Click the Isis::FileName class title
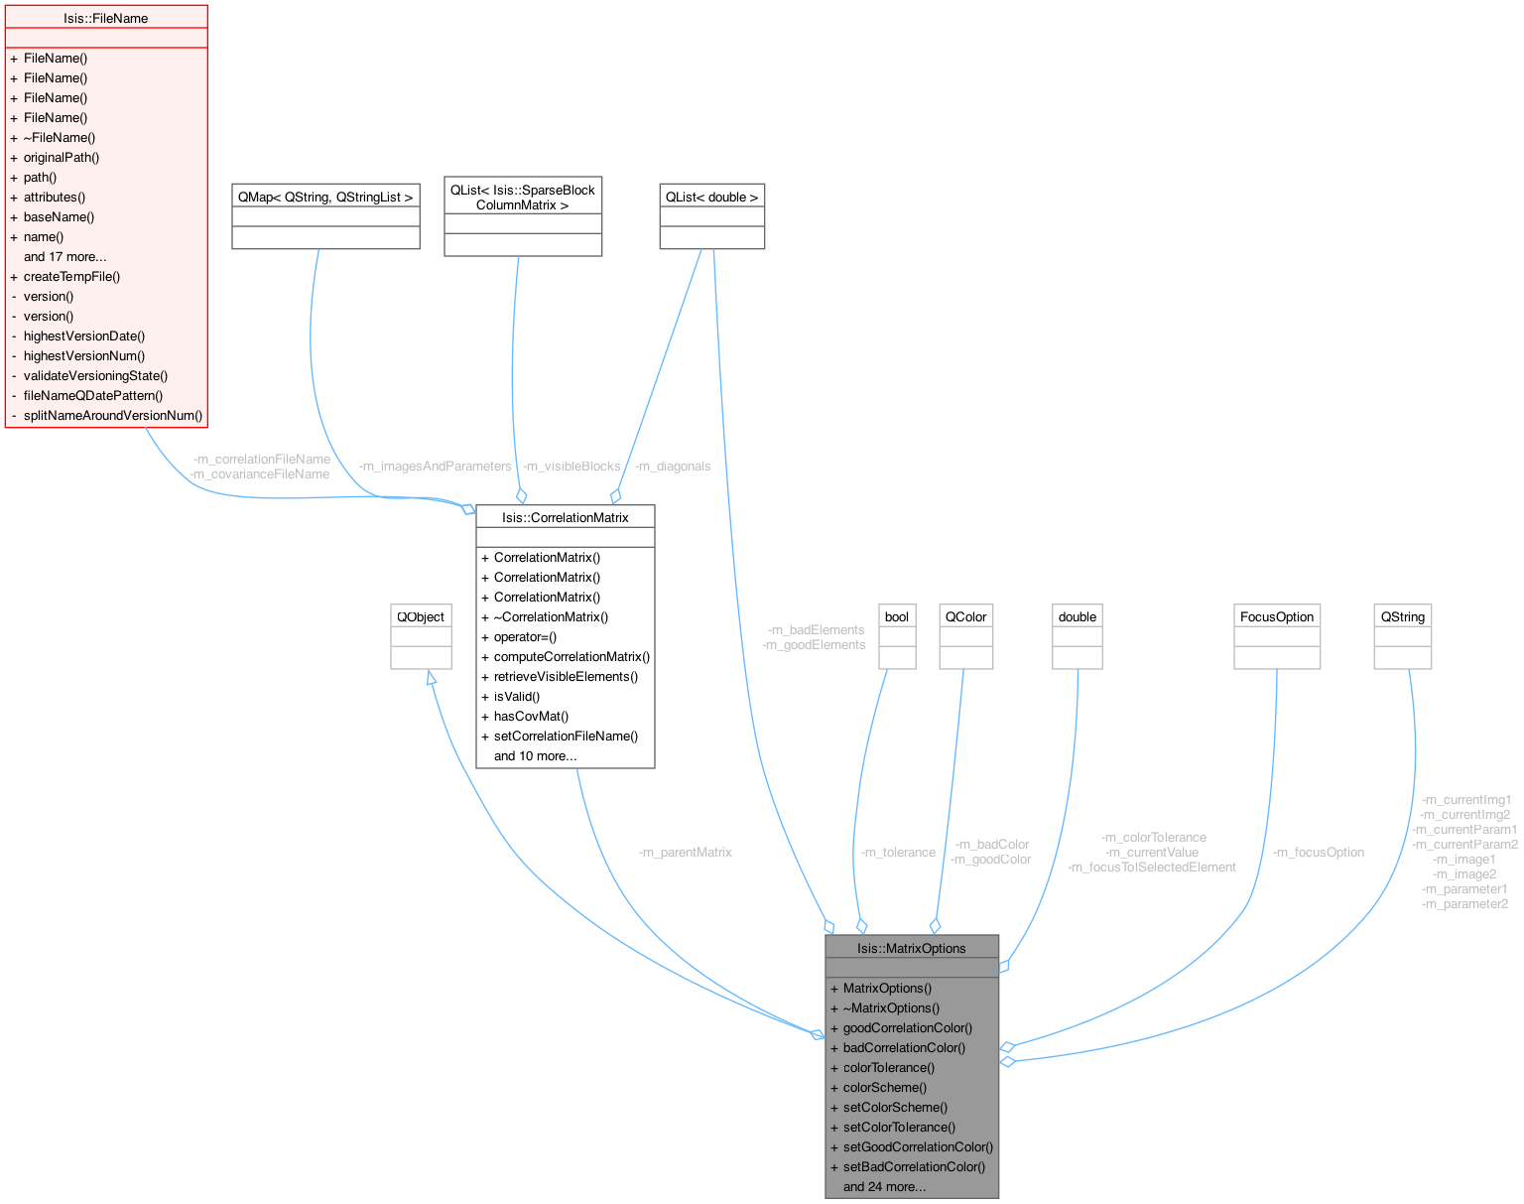click(x=105, y=18)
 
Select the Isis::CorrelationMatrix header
click(x=565, y=517)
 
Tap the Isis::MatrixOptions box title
click(x=911, y=948)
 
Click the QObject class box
click(x=421, y=616)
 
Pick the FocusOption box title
click(x=1276, y=616)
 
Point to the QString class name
click(x=1402, y=616)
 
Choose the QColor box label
click(x=965, y=616)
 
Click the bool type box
click(x=896, y=616)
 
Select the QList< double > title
click(x=711, y=197)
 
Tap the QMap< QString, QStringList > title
click(x=325, y=197)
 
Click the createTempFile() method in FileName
click(x=71, y=276)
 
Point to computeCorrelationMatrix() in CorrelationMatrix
click(x=571, y=656)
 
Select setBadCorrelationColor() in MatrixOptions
click(x=914, y=1166)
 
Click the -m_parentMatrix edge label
click(x=686, y=852)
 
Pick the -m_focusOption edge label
click(x=1319, y=852)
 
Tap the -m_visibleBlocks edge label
click(x=571, y=466)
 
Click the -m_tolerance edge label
click(x=898, y=852)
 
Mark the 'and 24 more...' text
click(x=884, y=1186)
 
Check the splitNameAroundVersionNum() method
click(x=113, y=415)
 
